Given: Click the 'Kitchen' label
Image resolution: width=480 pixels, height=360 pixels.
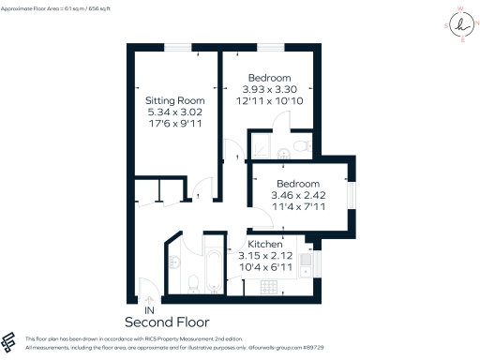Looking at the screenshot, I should [x=278, y=244].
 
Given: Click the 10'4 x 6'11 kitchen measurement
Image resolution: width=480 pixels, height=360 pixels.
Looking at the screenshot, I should [x=278, y=268].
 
